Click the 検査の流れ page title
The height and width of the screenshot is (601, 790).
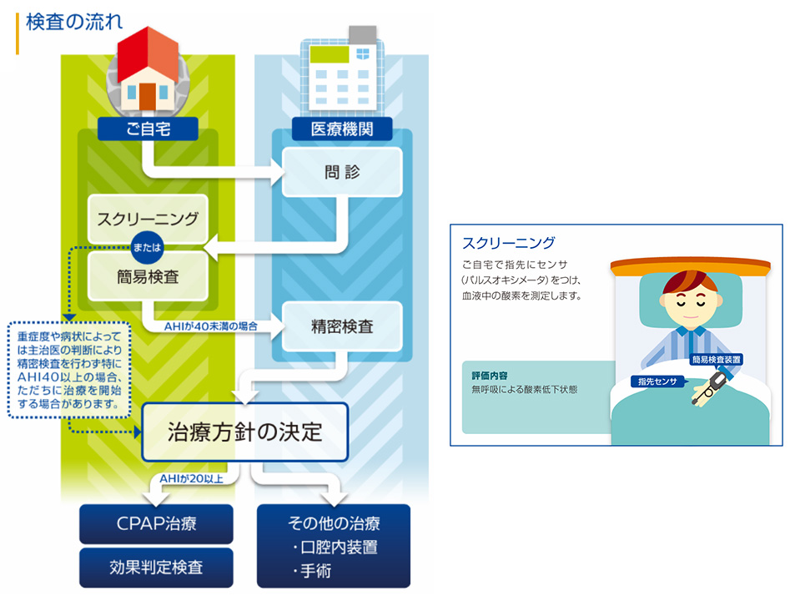pyautogui.click(x=74, y=23)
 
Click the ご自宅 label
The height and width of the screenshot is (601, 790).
pyautogui.click(x=148, y=129)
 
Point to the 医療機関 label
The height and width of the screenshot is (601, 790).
pyautogui.click(x=342, y=129)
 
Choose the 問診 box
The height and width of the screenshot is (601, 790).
pyautogui.click(x=342, y=173)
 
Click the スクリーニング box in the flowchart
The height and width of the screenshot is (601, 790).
pyautogui.click(x=148, y=219)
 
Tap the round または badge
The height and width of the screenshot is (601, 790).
pyautogui.click(x=147, y=248)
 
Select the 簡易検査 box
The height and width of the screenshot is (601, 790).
pyautogui.click(x=148, y=277)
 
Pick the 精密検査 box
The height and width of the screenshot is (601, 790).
pyautogui.click(x=342, y=326)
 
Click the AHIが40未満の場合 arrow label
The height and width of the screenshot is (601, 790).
pyautogui.click(x=210, y=326)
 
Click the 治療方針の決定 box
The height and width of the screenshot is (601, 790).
pyautogui.click(x=245, y=432)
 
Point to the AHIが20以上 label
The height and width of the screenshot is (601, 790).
pyautogui.click(x=192, y=478)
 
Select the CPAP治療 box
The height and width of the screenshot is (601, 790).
pyautogui.click(x=156, y=524)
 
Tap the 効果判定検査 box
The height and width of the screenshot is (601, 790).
pyautogui.click(x=156, y=568)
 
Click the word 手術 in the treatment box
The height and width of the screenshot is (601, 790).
pyautogui.click(x=316, y=571)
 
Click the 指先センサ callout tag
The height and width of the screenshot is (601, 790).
pyautogui.click(x=657, y=381)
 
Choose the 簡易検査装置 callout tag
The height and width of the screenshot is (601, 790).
pyautogui.click(x=717, y=360)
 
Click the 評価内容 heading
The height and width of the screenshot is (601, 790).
pyautogui.click(x=489, y=376)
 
